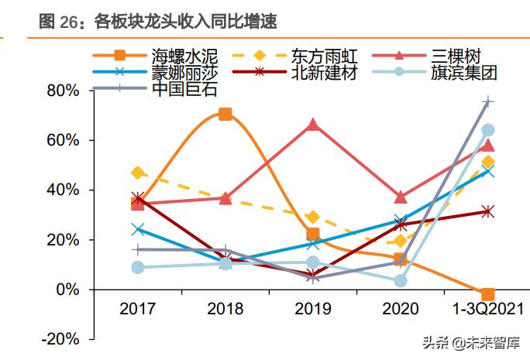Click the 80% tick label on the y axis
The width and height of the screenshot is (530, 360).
[x=63, y=91]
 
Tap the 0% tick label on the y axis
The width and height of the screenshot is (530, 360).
[x=67, y=290]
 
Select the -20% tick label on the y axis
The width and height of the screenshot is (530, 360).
[x=61, y=339]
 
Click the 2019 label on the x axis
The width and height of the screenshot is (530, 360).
[x=313, y=309]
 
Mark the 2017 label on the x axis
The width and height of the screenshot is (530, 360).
[x=138, y=309]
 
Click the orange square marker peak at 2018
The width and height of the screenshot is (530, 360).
[x=225, y=115]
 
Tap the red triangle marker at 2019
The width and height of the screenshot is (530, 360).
[x=313, y=125]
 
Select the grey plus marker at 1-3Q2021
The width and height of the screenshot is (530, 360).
[x=488, y=101]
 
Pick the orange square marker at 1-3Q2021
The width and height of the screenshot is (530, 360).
[x=488, y=294]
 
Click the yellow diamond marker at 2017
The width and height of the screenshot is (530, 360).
[x=138, y=173]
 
